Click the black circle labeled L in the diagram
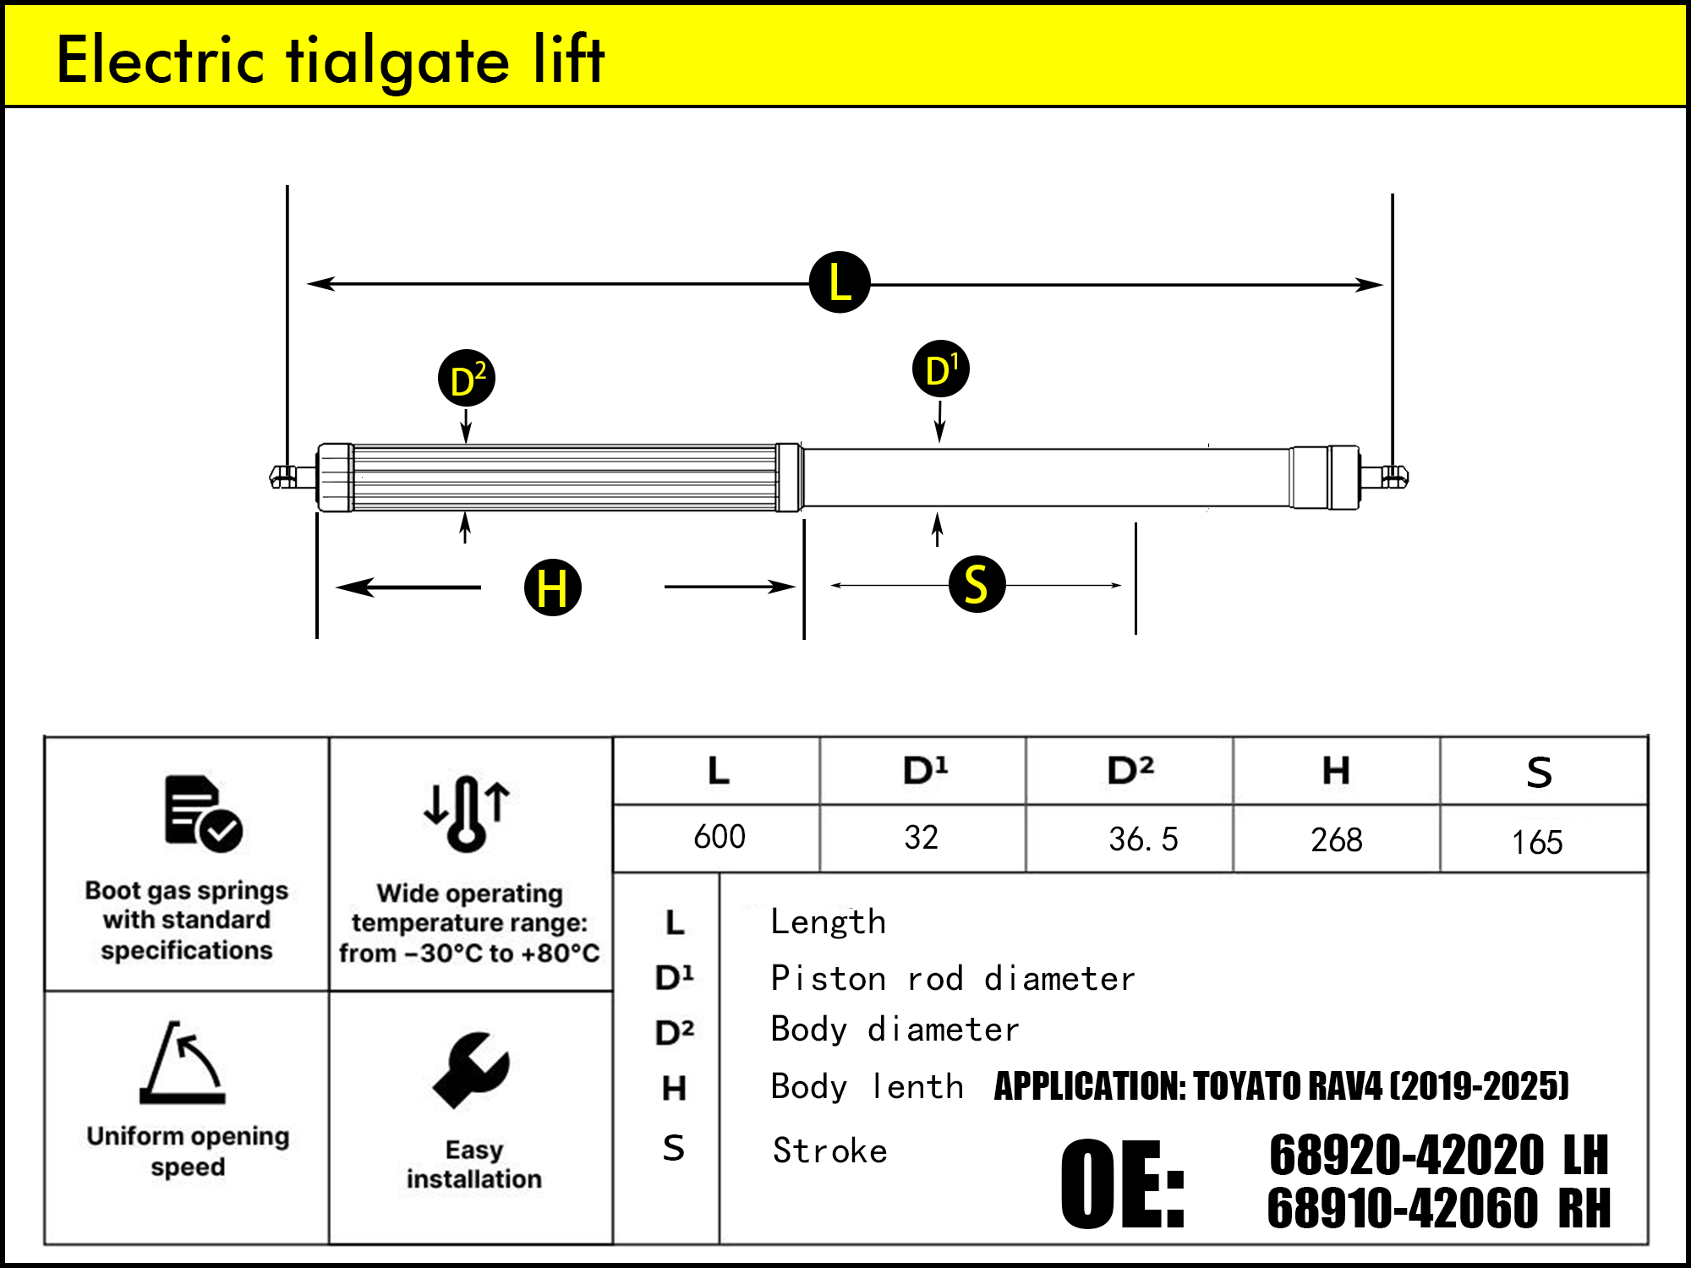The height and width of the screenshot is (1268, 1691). tap(840, 282)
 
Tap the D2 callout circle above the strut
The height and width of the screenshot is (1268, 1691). tap(467, 379)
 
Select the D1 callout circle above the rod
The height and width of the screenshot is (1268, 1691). tap(941, 369)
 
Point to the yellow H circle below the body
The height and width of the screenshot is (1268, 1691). tap(553, 587)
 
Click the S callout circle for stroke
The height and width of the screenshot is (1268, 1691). tap(977, 584)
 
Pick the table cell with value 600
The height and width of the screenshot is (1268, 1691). tap(719, 837)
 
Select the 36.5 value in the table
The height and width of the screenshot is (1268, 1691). tap(1142, 839)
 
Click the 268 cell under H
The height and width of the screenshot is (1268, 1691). tap(1336, 839)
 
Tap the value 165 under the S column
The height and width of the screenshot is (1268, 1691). tap(1536, 842)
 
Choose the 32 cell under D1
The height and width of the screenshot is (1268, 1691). tap(921, 838)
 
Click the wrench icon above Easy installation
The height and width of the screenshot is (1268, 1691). tap(471, 1069)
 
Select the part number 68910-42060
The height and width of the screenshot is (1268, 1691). tap(1402, 1208)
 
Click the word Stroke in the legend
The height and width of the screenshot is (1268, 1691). tap(829, 1151)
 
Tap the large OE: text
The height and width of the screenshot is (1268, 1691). tap(1123, 1183)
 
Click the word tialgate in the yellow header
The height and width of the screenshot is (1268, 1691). tap(397, 61)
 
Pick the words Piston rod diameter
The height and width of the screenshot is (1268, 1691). tap(952, 979)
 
